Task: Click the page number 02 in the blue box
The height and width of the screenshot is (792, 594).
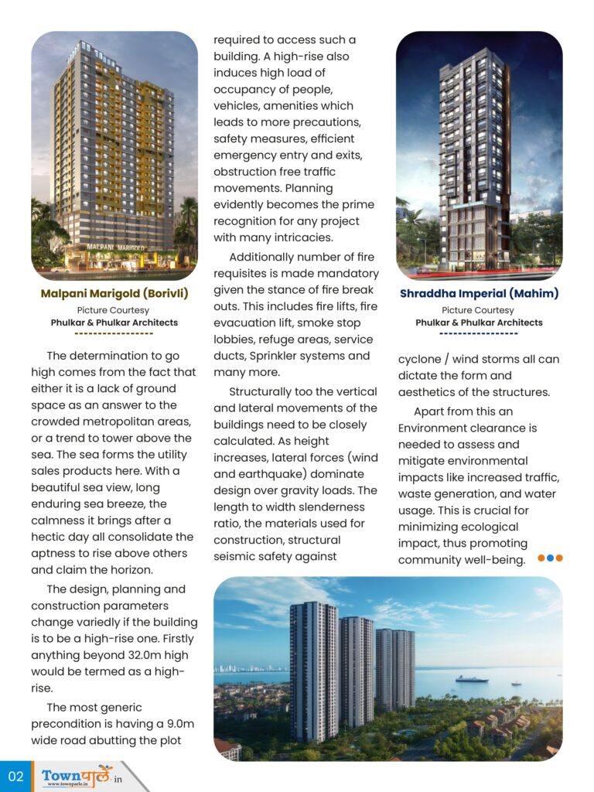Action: point(15,776)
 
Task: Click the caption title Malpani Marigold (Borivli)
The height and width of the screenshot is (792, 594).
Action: point(114,294)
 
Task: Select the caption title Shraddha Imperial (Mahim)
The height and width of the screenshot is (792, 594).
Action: point(479,294)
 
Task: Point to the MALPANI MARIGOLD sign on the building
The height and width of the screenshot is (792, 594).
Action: point(112,245)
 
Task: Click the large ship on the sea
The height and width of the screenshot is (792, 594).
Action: point(471,678)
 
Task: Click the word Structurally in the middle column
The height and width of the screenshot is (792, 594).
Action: point(264,391)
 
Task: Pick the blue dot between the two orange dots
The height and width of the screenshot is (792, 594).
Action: point(550,558)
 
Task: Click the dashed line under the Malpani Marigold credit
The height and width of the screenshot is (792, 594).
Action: point(114,334)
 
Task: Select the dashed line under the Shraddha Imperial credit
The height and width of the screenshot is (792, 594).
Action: point(479,334)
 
